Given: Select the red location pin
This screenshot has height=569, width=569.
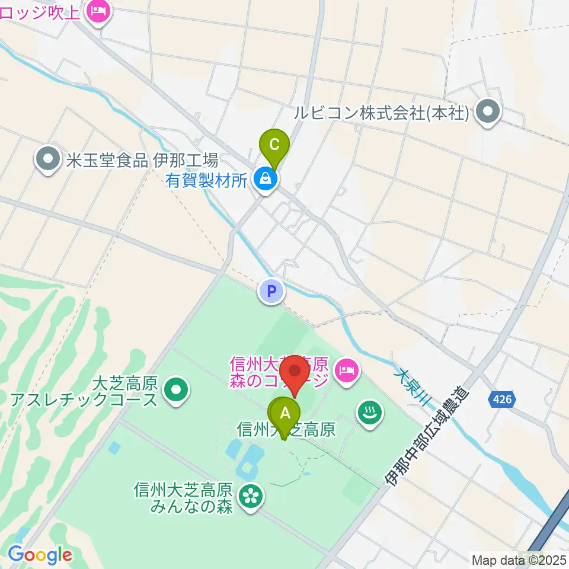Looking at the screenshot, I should [295, 373].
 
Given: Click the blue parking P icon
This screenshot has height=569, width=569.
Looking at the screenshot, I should [271, 292].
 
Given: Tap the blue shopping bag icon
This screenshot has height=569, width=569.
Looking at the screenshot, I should [266, 179].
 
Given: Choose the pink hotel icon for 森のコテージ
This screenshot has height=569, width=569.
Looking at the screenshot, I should [346, 372].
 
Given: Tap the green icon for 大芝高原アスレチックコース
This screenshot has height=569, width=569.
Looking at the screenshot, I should [175, 391].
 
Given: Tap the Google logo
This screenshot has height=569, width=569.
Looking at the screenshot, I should [40, 555].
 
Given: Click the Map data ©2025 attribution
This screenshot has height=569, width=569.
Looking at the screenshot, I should [519, 559].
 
